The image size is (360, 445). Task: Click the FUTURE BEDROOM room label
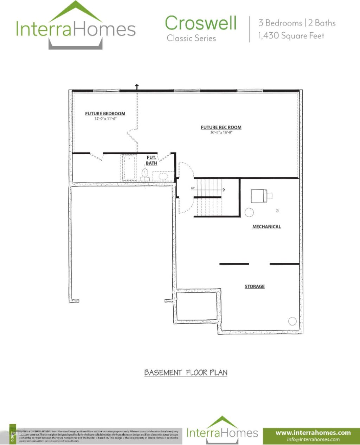pyautogui.click(x=105, y=113)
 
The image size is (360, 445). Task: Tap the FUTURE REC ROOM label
pyautogui.click(x=221, y=127)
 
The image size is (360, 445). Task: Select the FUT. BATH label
pyautogui.click(x=152, y=161)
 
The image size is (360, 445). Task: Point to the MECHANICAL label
pyautogui.click(x=266, y=227)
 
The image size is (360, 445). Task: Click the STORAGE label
pyautogui.click(x=255, y=286)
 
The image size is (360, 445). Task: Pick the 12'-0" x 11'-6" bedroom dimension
pyautogui.click(x=105, y=119)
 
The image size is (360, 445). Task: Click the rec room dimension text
pyautogui.click(x=221, y=132)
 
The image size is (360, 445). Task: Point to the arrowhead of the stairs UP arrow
pyautogui.click(x=224, y=190)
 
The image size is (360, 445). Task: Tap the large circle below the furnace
pyautogui.click(x=249, y=212)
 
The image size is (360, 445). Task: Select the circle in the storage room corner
pyautogui.click(x=292, y=321)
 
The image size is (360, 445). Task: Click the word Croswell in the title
pyautogui.click(x=201, y=23)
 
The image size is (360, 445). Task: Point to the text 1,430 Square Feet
pyautogui.click(x=291, y=35)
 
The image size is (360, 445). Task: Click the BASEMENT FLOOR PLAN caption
pyautogui.click(x=186, y=372)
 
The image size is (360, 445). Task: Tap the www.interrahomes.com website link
pyautogui.click(x=313, y=432)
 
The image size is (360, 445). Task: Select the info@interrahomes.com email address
pyautogui.click(x=313, y=439)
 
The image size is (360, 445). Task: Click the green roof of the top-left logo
pyautogui.click(x=76, y=12)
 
